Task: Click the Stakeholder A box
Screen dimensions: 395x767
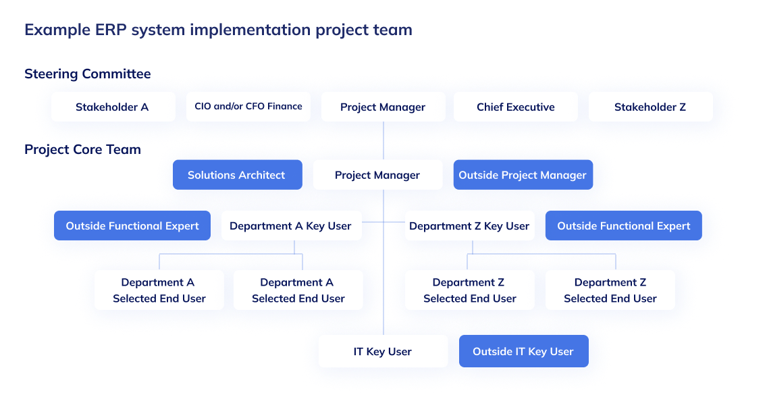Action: tap(113, 107)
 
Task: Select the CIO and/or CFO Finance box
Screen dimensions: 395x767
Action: tap(248, 107)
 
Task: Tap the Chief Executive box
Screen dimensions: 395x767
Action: tap(515, 107)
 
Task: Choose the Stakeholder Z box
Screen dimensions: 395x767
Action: tap(650, 107)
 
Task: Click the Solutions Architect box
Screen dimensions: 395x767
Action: tap(236, 175)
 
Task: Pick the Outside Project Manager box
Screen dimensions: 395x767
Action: tap(522, 175)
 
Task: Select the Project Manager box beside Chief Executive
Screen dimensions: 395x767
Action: tap(383, 107)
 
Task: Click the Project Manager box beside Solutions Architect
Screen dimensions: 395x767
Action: tap(377, 175)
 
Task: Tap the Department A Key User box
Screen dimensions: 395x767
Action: tap(291, 226)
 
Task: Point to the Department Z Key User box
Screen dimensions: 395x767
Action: tap(469, 226)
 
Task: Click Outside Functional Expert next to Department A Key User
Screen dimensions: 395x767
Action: tap(132, 226)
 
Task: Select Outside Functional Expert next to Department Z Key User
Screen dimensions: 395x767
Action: tap(623, 226)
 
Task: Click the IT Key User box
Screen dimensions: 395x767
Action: tap(383, 351)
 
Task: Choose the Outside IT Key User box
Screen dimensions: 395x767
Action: tap(523, 351)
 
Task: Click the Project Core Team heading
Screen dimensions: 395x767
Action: tap(82, 149)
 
